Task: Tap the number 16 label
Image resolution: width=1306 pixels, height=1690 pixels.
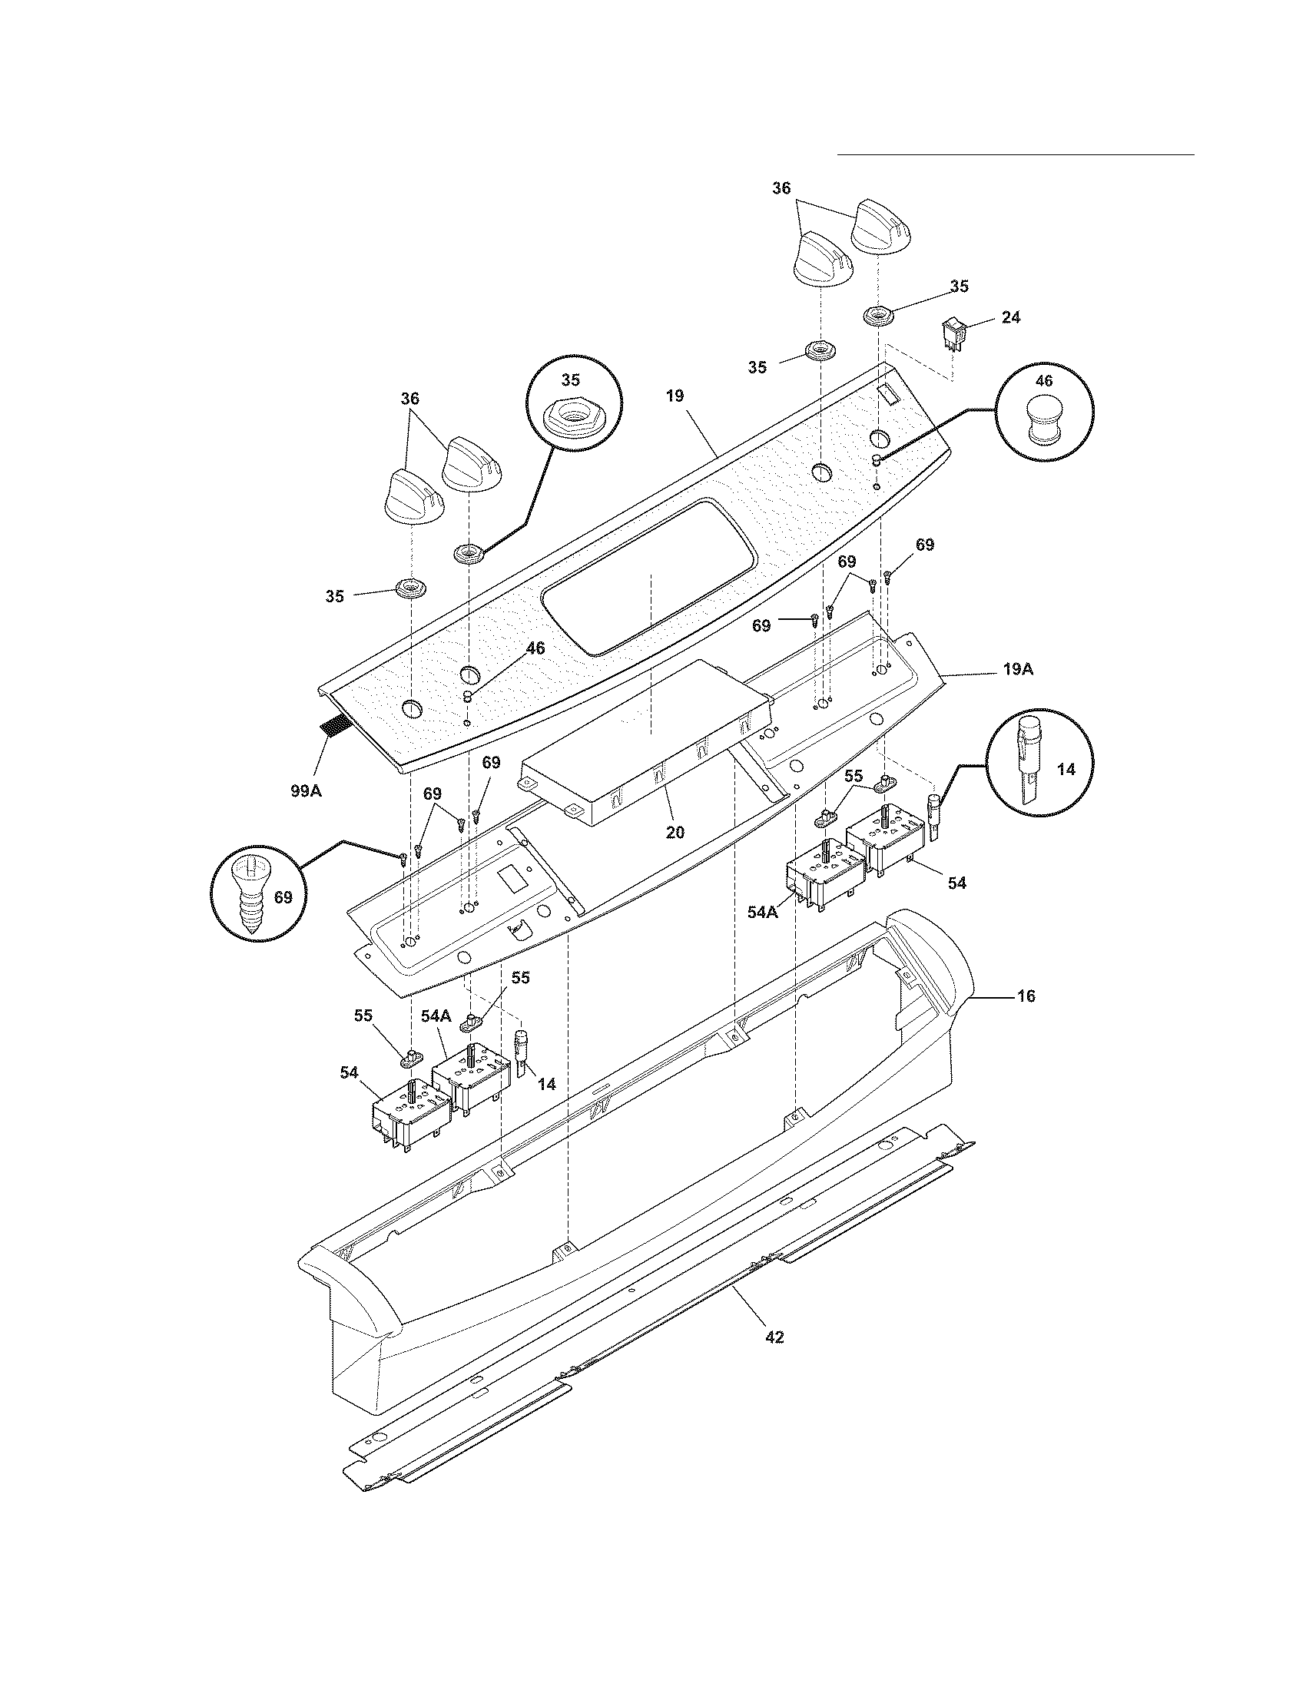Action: [1025, 996]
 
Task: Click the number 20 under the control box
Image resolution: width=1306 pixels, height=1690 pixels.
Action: [675, 832]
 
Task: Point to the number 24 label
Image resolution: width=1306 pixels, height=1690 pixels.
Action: [1010, 316]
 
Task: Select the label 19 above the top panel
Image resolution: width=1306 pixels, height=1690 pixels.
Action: [674, 396]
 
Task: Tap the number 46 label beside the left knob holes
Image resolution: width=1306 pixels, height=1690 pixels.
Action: [535, 648]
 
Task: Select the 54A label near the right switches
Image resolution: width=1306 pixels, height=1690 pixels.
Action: [762, 913]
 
